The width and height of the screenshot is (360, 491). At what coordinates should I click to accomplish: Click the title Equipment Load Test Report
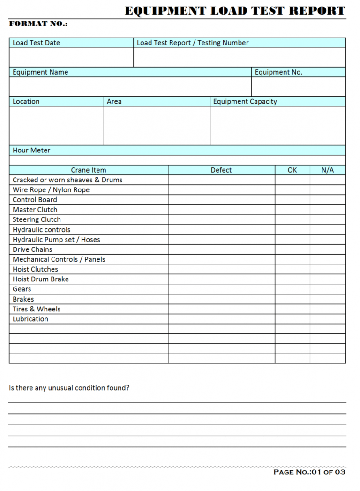click(x=235, y=10)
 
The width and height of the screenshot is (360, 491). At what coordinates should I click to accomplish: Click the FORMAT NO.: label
click(x=38, y=24)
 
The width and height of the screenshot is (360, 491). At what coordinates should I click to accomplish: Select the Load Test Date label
click(x=36, y=43)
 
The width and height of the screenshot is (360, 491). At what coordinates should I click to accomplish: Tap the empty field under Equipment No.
click(x=299, y=87)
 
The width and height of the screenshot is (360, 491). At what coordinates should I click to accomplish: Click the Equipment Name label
click(x=40, y=72)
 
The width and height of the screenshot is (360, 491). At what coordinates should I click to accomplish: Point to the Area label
click(x=114, y=101)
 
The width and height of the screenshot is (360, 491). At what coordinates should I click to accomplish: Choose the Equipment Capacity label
click(x=245, y=101)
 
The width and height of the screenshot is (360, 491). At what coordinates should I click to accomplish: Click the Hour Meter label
click(x=31, y=151)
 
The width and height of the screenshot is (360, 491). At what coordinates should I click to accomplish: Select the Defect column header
click(x=221, y=170)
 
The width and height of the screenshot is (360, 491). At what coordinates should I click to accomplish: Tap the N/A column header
click(x=328, y=170)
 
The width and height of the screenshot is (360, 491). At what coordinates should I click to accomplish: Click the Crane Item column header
click(x=89, y=170)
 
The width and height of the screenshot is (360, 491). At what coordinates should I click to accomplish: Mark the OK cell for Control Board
click(x=292, y=200)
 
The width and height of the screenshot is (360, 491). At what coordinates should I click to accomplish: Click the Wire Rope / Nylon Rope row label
click(x=51, y=190)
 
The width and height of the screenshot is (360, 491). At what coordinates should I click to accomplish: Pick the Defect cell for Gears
click(x=221, y=289)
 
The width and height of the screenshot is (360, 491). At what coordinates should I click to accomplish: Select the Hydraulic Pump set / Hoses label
click(x=56, y=240)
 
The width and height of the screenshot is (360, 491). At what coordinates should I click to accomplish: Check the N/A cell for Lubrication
click(x=328, y=319)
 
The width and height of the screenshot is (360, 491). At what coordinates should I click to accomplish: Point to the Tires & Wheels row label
click(x=37, y=309)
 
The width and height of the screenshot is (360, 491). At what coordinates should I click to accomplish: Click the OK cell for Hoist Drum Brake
click(x=292, y=279)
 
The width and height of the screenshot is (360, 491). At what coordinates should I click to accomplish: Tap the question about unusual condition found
click(x=69, y=388)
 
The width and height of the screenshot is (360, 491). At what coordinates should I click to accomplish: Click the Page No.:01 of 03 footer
click(x=309, y=472)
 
